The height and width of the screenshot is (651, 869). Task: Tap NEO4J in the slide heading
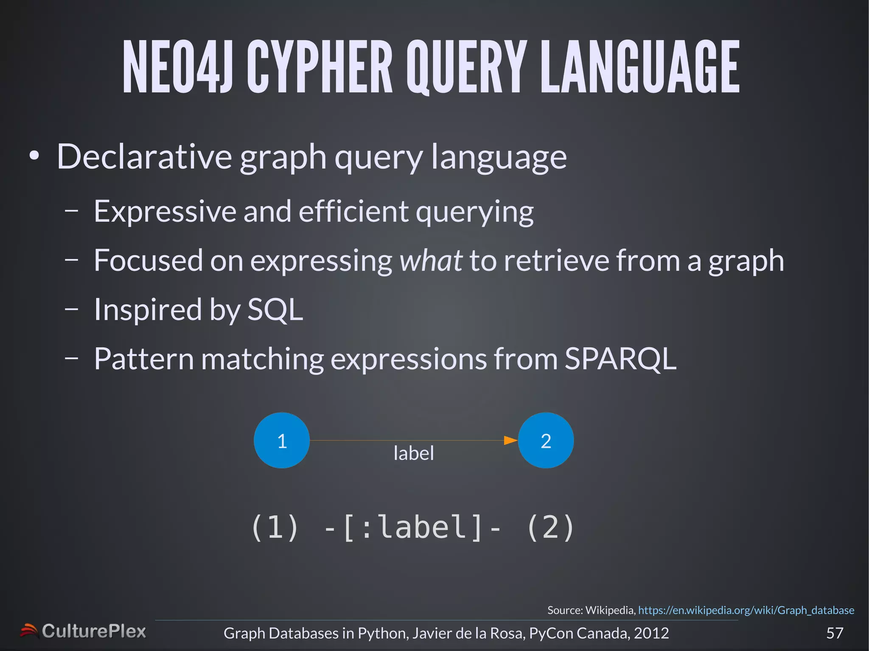pyautogui.click(x=177, y=67)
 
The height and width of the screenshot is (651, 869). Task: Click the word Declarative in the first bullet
pyautogui.click(x=144, y=156)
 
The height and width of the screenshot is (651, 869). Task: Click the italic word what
pyautogui.click(x=431, y=260)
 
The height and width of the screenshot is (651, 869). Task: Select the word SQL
pyautogui.click(x=275, y=310)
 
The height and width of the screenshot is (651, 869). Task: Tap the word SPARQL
pyautogui.click(x=620, y=359)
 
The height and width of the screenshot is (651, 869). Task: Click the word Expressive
pyautogui.click(x=165, y=211)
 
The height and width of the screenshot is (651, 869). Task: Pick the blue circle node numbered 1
pyautogui.click(x=282, y=441)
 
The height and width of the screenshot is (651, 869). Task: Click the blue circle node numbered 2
pyautogui.click(x=546, y=441)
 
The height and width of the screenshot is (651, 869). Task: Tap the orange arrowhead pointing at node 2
pyautogui.click(x=510, y=441)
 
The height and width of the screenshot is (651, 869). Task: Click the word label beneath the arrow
pyautogui.click(x=414, y=453)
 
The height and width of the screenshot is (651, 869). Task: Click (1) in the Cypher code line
pyautogui.click(x=275, y=527)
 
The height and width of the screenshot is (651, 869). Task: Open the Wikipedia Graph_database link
pyautogui.click(x=746, y=610)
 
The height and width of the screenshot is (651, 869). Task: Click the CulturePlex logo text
pyautogui.click(x=94, y=631)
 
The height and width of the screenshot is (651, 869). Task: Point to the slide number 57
pyautogui.click(x=835, y=633)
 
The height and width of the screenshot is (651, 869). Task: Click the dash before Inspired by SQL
pyautogui.click(x=72, y=309)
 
